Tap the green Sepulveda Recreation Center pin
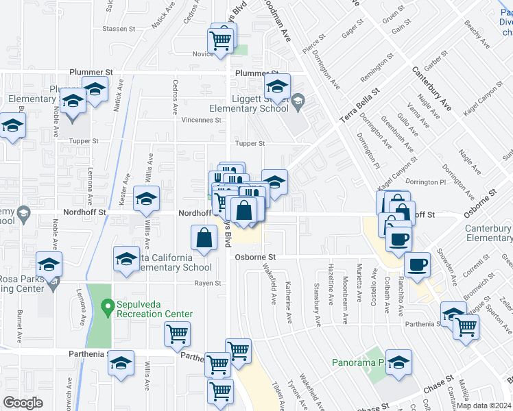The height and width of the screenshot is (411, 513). pyautogui.click(x=107, y=306)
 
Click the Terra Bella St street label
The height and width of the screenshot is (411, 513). pyautogui.click(x=359, y=106)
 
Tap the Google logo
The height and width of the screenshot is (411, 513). pyautogui.click(x=23, y=402)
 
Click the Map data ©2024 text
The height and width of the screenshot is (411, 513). pyautogui.click(x=483, y=405)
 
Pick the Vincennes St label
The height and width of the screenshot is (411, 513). pyautogui.click(x=200, y=119)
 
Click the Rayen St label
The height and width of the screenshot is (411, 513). pyautogui.click(x=208, y=283)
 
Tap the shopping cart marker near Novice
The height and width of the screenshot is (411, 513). pyautogui.click(x=219, y=39)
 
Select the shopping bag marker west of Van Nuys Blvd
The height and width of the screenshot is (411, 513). pyautogui.click(x=204, y=239)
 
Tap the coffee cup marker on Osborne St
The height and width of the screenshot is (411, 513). pyautogui.click(x=416, y=264)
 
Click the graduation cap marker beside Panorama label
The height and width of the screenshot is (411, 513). pyautogui.click(x=398, y=362)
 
